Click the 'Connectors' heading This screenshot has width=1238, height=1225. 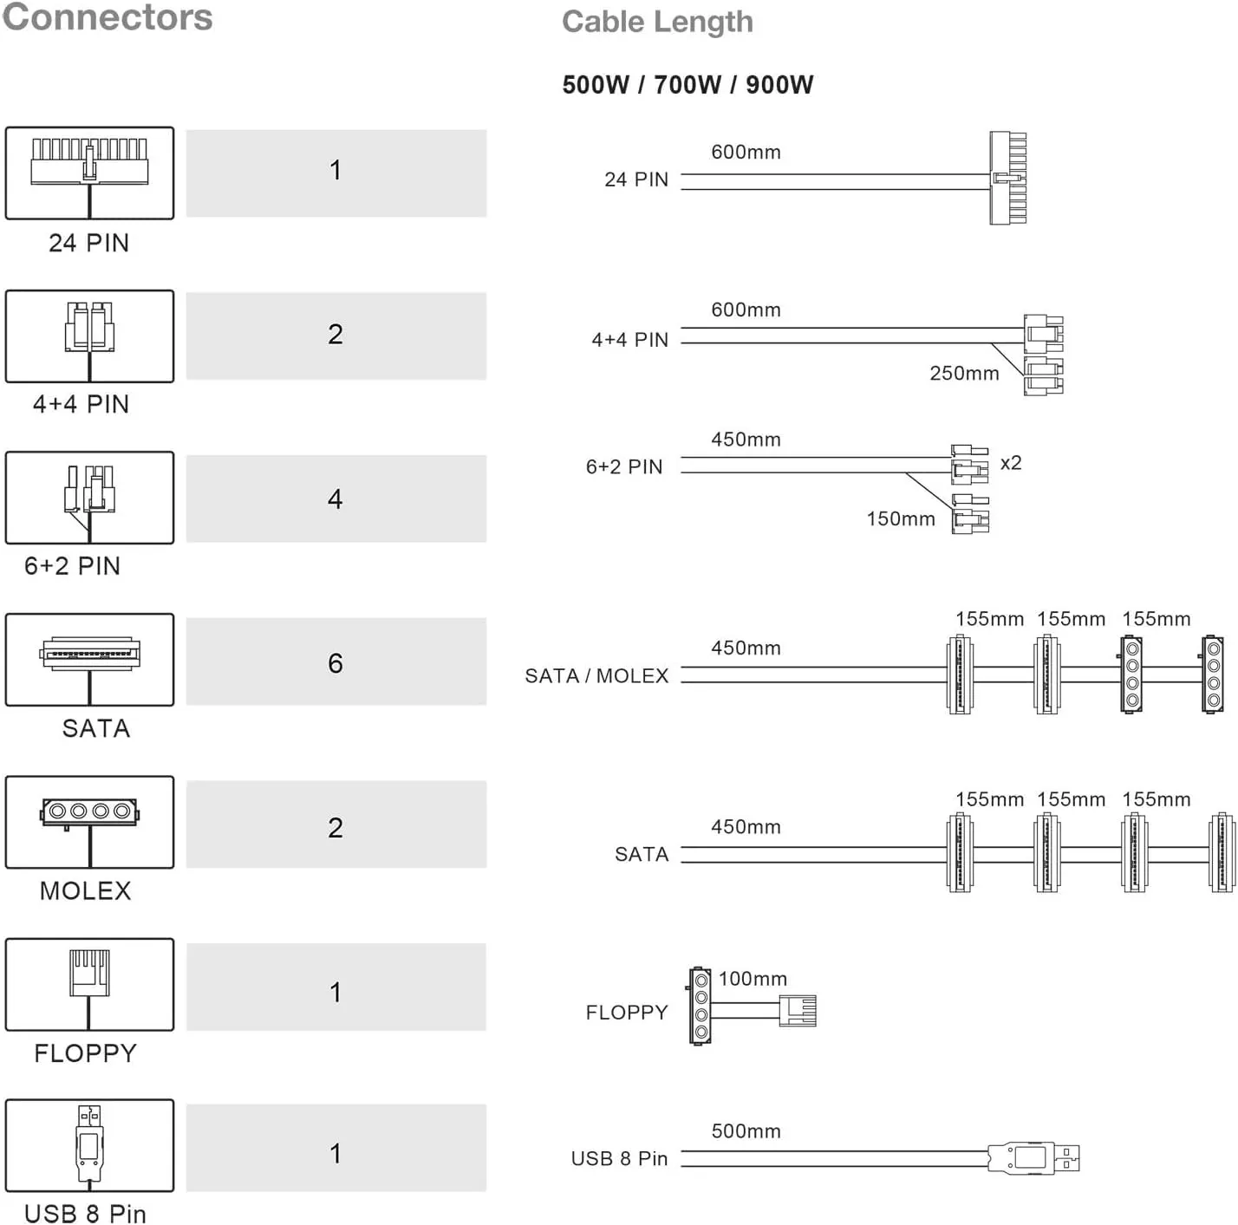coord(108,17)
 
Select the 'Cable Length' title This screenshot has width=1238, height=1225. coord(657,22)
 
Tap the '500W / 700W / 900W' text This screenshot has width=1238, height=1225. coord(687,85)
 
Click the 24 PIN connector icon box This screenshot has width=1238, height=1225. coord(89,173)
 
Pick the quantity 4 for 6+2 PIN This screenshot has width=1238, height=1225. coord(336,498)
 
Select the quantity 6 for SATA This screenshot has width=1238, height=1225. coord(336,662)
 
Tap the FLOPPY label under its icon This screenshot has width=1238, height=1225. coord(85,1053)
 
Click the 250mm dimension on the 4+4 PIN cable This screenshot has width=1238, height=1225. coord(964,374)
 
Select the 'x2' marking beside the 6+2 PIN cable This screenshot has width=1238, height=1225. coord(1011,463)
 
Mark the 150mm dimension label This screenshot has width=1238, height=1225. coord(901,519)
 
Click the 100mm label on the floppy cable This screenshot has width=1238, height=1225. coord(753,979)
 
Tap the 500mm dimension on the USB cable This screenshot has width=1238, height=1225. coord(746,1131)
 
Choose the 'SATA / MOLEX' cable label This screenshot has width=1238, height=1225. coord(596,676)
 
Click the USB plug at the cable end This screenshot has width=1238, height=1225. coord(1034,1157)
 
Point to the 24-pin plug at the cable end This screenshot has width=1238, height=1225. coord(1008,178)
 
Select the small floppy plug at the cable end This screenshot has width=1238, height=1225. coord(798,1011)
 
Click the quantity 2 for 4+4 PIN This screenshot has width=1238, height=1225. coord(336,335)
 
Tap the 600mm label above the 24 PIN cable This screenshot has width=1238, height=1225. coord(746,153)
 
